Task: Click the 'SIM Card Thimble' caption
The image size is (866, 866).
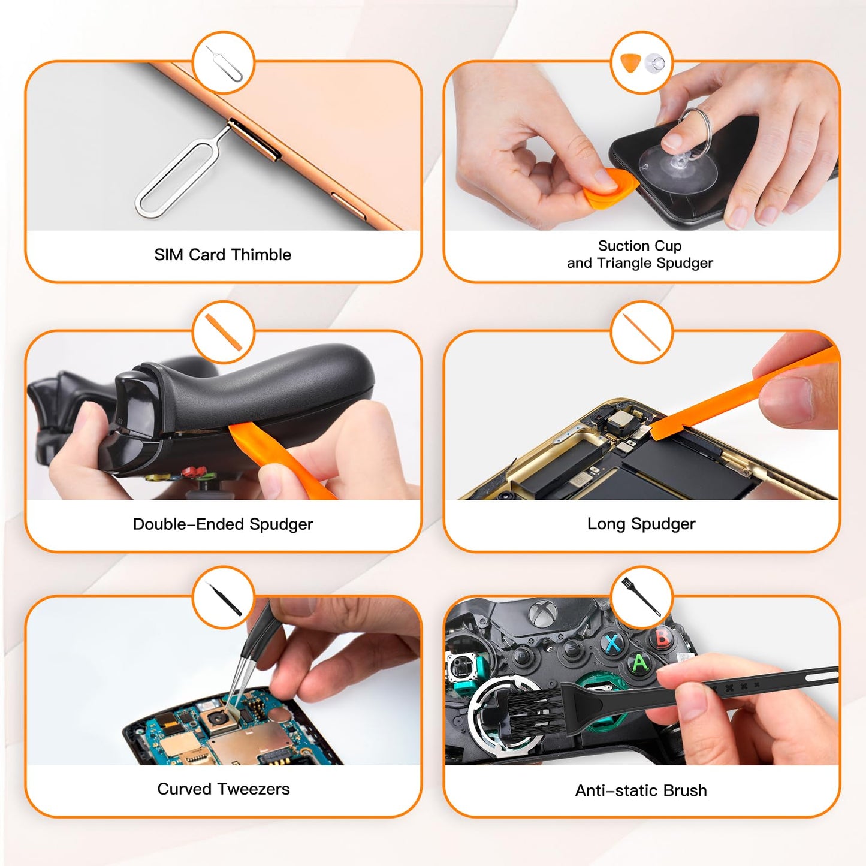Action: click(222, 255)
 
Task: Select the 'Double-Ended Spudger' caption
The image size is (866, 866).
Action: click(222, 524)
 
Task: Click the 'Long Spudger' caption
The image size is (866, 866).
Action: click(641, 524)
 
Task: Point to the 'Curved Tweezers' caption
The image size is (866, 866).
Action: click(223, 789)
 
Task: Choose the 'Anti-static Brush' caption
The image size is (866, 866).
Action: click(641, 790)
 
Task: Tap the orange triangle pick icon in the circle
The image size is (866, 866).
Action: click(630, 63)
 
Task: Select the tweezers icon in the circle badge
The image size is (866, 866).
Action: click(225, 599)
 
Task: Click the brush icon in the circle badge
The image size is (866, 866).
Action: click(641, 597)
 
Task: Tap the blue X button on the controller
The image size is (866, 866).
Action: click(612, 643)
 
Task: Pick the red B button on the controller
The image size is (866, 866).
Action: click(662, 637)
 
